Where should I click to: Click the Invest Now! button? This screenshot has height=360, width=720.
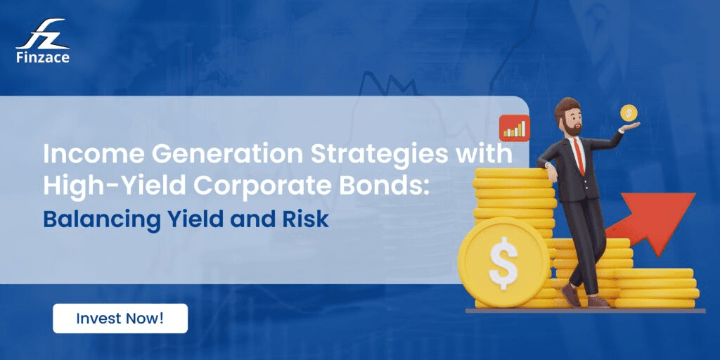coord(120,318)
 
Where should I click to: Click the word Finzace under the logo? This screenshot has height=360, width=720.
coord(42,58)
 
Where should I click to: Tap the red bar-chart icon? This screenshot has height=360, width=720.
coord(514,127)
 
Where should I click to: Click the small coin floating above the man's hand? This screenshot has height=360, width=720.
coord(628,112)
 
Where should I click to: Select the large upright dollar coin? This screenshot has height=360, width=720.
coord(503,261)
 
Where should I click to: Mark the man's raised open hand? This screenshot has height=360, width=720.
coord(629,127)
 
